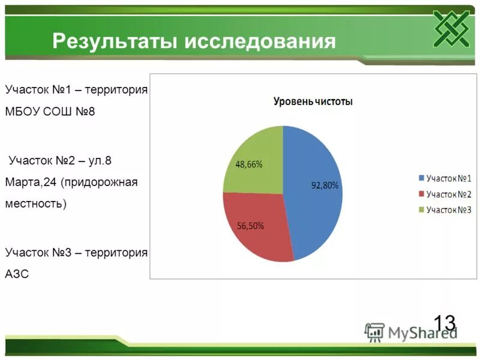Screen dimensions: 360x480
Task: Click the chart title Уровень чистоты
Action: pos(313,102)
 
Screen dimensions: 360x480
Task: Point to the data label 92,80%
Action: pos(325,185)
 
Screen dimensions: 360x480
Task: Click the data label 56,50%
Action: pos(251,226)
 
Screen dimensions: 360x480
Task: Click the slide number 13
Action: pos(444,323)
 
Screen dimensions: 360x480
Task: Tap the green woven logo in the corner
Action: pos(451,28)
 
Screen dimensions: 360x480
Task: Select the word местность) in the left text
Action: pos(36,203)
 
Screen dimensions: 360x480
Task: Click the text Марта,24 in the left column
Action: pos(29,182)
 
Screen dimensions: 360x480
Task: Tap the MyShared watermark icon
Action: pos(374,332)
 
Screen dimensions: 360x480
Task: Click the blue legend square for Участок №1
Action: pos(421,179)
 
